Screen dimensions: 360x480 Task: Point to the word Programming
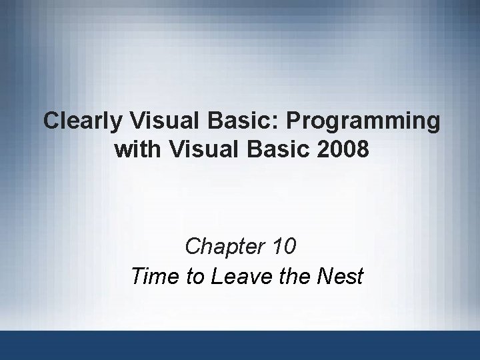tap(358, 123)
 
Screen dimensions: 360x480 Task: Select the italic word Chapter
tap(225, 247)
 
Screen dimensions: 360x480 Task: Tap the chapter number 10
tap(284, 247)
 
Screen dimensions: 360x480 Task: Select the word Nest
tap(338, 275)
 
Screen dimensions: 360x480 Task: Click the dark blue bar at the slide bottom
tap(240, 345)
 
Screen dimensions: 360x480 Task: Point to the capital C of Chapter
tap(193, 247)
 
